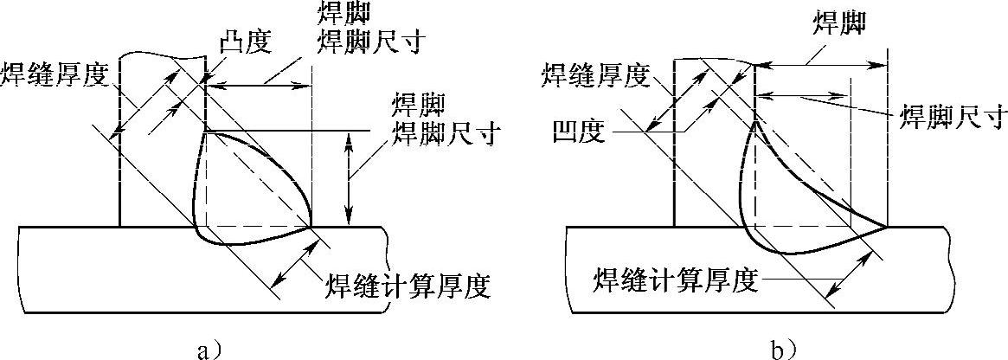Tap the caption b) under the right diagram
coord(784,349)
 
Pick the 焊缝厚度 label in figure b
coord(594,76)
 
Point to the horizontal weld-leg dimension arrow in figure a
coord(259,85)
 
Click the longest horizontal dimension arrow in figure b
coord(822,64)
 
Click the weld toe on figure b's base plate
coord(888,227)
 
